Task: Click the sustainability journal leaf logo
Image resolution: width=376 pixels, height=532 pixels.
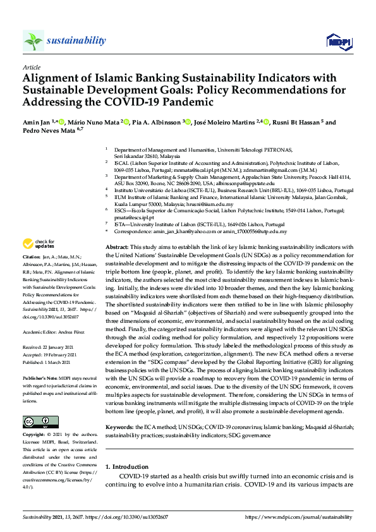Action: pos(33,40)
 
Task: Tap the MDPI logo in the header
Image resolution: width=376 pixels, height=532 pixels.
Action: pos(338,42)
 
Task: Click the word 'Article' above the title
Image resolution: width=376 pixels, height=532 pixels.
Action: pos(31,67)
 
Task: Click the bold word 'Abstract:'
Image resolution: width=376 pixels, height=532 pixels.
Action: pos(116,246)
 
